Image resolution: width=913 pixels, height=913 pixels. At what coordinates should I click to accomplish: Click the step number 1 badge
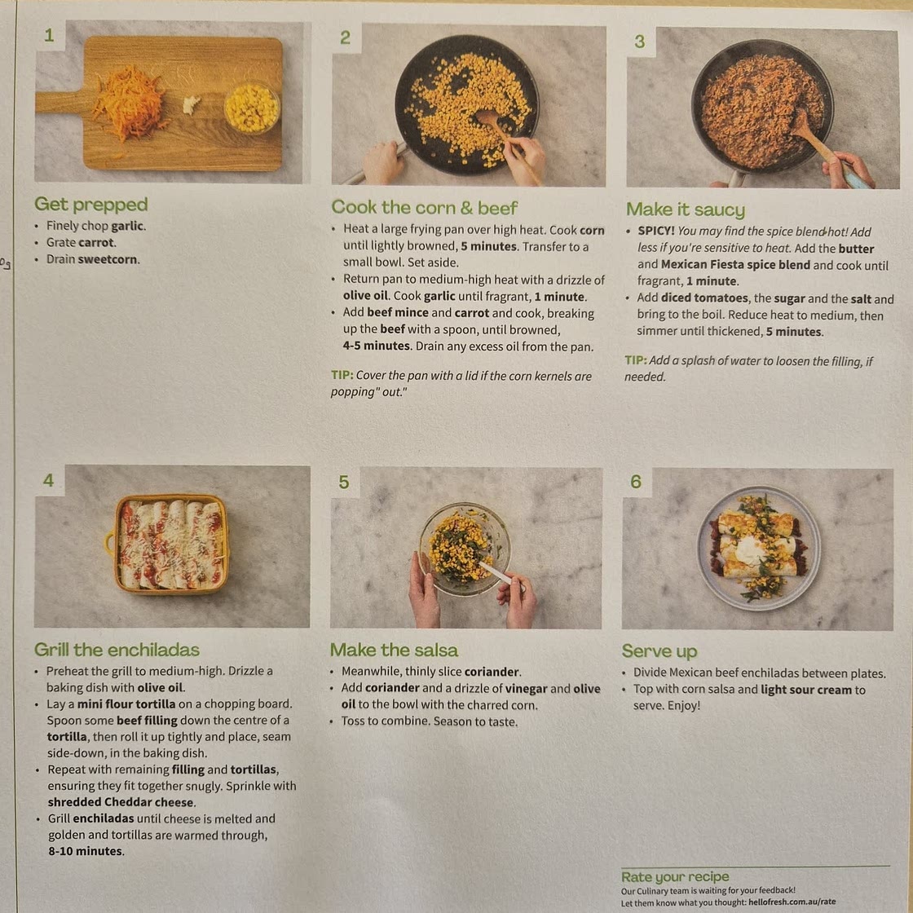pos(50,36)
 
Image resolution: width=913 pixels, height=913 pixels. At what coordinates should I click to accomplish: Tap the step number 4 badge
pos(49,480)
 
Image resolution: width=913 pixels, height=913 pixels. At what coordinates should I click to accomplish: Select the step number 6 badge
pos(636,482)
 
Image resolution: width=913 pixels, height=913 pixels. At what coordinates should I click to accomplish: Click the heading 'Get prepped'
pos(90,205)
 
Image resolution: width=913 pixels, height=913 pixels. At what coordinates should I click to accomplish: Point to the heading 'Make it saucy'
pos(686,209)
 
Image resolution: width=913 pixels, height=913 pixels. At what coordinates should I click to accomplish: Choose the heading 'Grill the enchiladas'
pos(117,649)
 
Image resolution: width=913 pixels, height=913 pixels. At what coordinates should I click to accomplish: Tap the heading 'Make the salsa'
pos(394,650)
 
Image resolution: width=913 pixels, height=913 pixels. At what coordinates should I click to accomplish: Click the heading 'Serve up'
pos(659,651)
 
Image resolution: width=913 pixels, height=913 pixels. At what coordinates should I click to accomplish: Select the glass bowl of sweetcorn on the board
pos(252,108)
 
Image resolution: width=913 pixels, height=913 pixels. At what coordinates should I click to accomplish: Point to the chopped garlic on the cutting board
pos(192,105)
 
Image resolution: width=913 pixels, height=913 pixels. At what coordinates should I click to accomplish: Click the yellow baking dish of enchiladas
pos(169,544)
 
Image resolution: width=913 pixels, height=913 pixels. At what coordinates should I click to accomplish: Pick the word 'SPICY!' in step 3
pos(656,232)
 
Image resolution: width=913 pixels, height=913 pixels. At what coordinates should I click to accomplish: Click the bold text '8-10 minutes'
pos(86,851)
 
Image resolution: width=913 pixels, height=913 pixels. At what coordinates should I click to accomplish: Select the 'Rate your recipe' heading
pos(675,876)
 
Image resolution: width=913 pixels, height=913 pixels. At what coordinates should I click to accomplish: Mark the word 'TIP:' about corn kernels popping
pos(342,375)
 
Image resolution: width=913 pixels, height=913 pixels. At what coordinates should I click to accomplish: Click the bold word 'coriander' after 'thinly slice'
pos(492,672)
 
